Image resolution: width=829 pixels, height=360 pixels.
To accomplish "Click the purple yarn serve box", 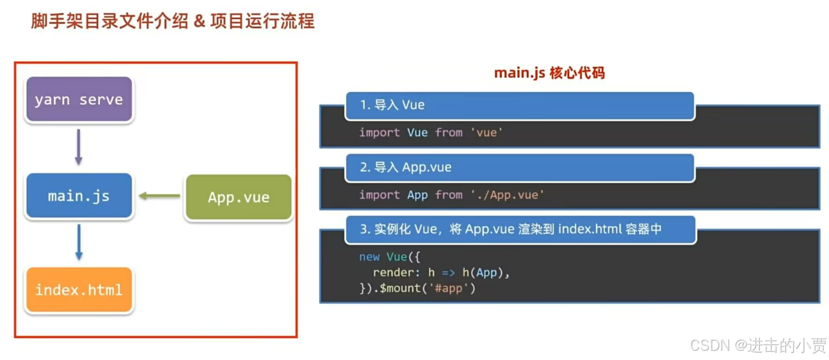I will click(79, 100).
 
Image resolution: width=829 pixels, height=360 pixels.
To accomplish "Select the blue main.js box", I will click(79, 196).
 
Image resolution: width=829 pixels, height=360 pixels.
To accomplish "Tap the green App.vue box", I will click(238, 197).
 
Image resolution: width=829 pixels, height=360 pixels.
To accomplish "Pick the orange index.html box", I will click(79, 290).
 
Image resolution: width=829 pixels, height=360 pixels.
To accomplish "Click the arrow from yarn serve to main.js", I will click(79, 147).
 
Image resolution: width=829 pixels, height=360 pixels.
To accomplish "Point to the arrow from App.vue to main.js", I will click(160, 196).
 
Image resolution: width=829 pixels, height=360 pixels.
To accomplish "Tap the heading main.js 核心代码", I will click(549, 73).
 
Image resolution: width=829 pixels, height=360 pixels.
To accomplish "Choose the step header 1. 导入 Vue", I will click(392, 105).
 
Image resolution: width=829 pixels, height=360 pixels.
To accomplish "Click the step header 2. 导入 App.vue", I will click(406, 167).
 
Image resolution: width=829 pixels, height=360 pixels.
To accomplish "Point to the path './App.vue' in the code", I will click(507, 195).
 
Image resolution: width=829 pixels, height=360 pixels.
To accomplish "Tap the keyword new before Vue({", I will click(369, 257).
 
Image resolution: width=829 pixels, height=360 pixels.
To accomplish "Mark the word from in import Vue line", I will click(449, 133).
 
